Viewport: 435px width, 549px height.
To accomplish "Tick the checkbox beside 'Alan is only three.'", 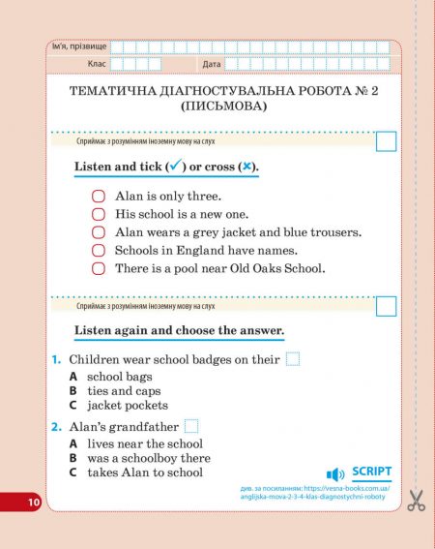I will [x=98, y=196].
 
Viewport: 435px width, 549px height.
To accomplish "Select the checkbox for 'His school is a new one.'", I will [x=98, y=214].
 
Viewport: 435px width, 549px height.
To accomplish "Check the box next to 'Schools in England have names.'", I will [x=98, y=250].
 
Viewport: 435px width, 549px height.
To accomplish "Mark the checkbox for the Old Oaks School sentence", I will [x=98, y=268].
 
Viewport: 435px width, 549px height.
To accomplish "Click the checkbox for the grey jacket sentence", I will [x=98, y=232].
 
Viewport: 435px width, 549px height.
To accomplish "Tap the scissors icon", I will [x=416, y=500].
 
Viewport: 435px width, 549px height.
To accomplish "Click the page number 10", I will [x=34, y=502].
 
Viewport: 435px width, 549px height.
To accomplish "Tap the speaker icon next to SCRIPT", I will [x=336, y=473].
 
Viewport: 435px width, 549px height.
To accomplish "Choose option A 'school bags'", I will [x=119, y=376].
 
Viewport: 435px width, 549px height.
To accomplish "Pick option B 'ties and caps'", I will [x=123, y=391].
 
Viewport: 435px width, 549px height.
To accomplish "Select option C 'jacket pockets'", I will [x=127, y=406].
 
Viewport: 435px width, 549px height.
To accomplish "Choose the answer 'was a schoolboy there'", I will [x=148, y=458].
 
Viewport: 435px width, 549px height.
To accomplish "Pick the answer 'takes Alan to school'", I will [x=144, y=473].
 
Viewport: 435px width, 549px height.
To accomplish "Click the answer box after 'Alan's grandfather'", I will [x=191, y=426].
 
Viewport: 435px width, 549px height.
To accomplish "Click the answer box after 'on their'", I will [x=293, y=359].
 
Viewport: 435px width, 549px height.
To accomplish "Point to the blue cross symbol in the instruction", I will [x=247, y=167].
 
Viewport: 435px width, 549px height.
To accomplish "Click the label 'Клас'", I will [x=96, y=64].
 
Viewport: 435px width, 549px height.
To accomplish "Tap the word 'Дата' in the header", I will [x=212, y=64].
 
